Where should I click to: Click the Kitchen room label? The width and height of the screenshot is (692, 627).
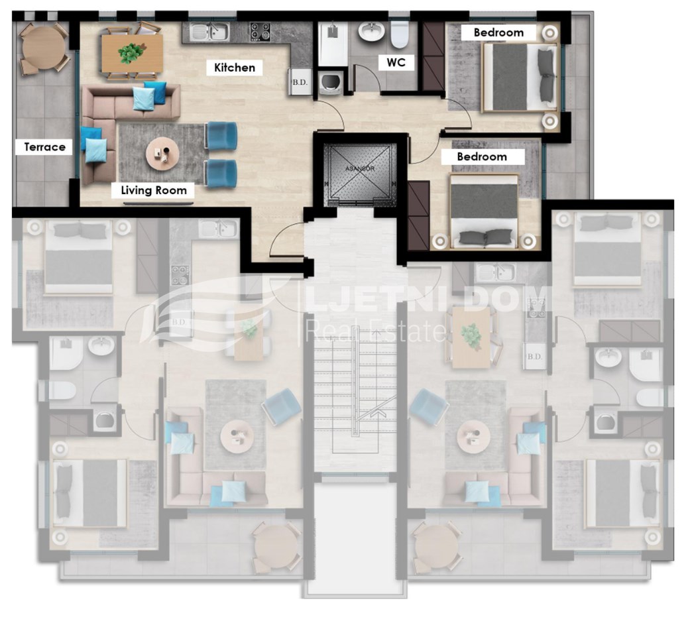(x=235, y=68)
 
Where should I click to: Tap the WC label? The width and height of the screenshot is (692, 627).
(x=396, y=62)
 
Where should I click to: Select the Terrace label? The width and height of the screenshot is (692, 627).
(x=44, y=147)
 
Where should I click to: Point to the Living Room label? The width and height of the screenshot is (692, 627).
(x=154, y=190)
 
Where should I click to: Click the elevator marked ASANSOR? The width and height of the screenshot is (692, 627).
(x=360, y=174)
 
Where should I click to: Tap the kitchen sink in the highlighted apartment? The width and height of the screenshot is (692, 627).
(x=209, y=32)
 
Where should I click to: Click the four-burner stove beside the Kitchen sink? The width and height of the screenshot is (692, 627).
(x=260, y=32)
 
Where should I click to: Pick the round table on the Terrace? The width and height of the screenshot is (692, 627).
(x=43, y=48)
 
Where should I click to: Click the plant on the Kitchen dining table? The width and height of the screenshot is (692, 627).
(x=131, y=52)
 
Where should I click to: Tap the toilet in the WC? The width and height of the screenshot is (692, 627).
(x=400, y=34)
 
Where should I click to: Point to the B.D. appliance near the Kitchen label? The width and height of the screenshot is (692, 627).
(x=300, y=82)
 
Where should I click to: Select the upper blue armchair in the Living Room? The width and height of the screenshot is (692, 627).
(x=221, y=135)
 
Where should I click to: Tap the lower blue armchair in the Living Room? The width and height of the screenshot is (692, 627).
(x=221, y=174)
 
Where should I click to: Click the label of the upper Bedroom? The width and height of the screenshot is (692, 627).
(x=498, y=32)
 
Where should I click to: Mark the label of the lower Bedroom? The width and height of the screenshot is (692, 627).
(x=481, y=156)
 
